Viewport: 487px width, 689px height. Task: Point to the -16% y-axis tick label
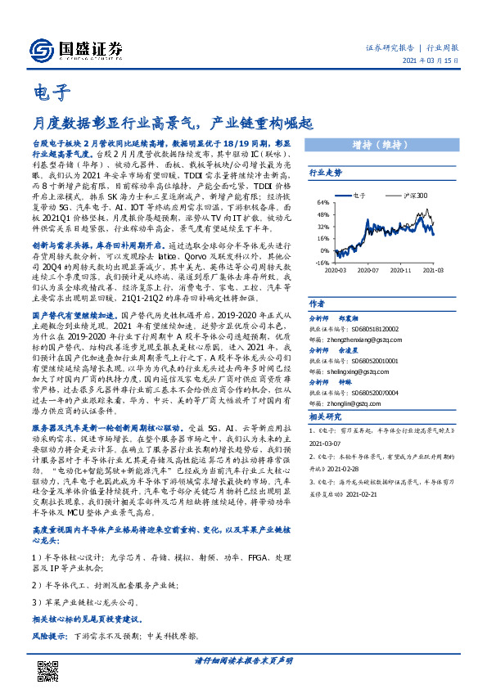(x=322, y=263)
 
